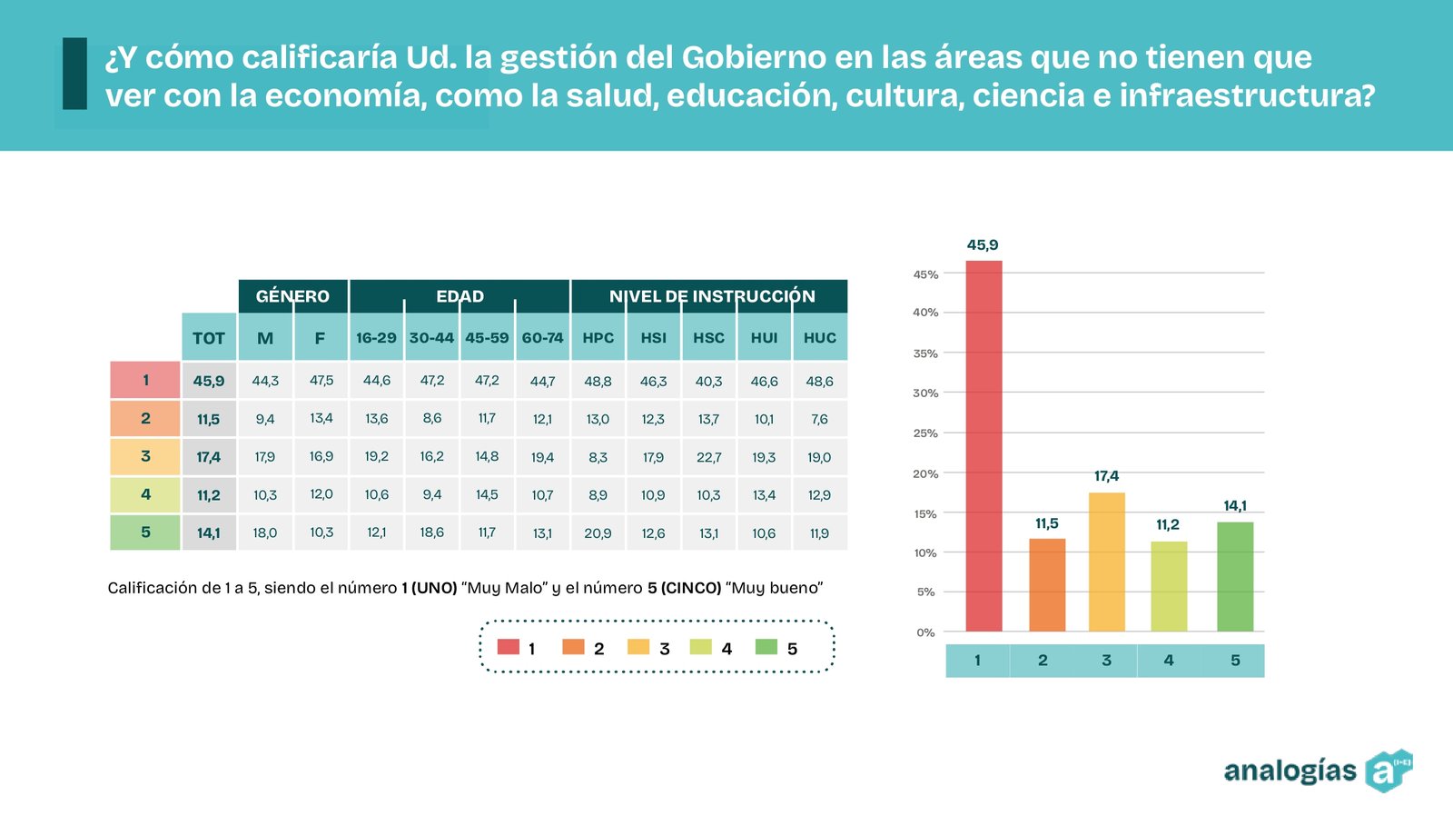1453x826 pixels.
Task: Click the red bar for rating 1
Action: pos(983,445)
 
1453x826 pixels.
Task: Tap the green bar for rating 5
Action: pos(1235,576)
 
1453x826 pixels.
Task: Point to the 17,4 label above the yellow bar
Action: pos(1106,476)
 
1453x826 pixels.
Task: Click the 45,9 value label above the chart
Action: pos(983,245)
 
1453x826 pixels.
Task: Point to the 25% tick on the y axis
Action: pos(925,433)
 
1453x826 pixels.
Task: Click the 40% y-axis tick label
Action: pos(925,313)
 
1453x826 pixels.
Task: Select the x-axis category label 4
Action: pos(1169,661)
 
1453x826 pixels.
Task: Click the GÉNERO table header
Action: pos(292,296)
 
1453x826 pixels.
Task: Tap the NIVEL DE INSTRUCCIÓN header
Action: pos(712,296)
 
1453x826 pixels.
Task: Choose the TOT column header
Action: pos(209,338)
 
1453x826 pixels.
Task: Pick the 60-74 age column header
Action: pos(542,338)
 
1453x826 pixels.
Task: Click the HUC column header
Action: pos(819,338)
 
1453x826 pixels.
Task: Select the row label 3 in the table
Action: pos(145,456)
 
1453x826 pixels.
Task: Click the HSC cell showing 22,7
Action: pos(708,457)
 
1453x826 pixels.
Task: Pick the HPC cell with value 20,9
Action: pos(598,533)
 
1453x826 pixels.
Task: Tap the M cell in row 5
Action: pos(265,533)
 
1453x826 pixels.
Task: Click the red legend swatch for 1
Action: pos(509,647)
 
